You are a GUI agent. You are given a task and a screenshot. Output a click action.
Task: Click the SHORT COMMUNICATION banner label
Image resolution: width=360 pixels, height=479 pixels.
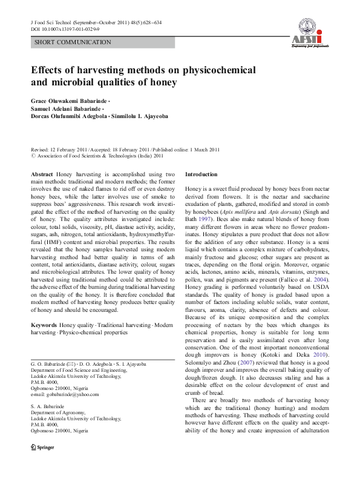coord(73,42)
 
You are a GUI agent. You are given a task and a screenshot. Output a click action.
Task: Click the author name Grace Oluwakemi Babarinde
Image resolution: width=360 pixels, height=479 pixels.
coord(69,99)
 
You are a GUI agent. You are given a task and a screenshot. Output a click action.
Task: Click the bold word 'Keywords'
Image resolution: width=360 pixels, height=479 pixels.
coord(44,325)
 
